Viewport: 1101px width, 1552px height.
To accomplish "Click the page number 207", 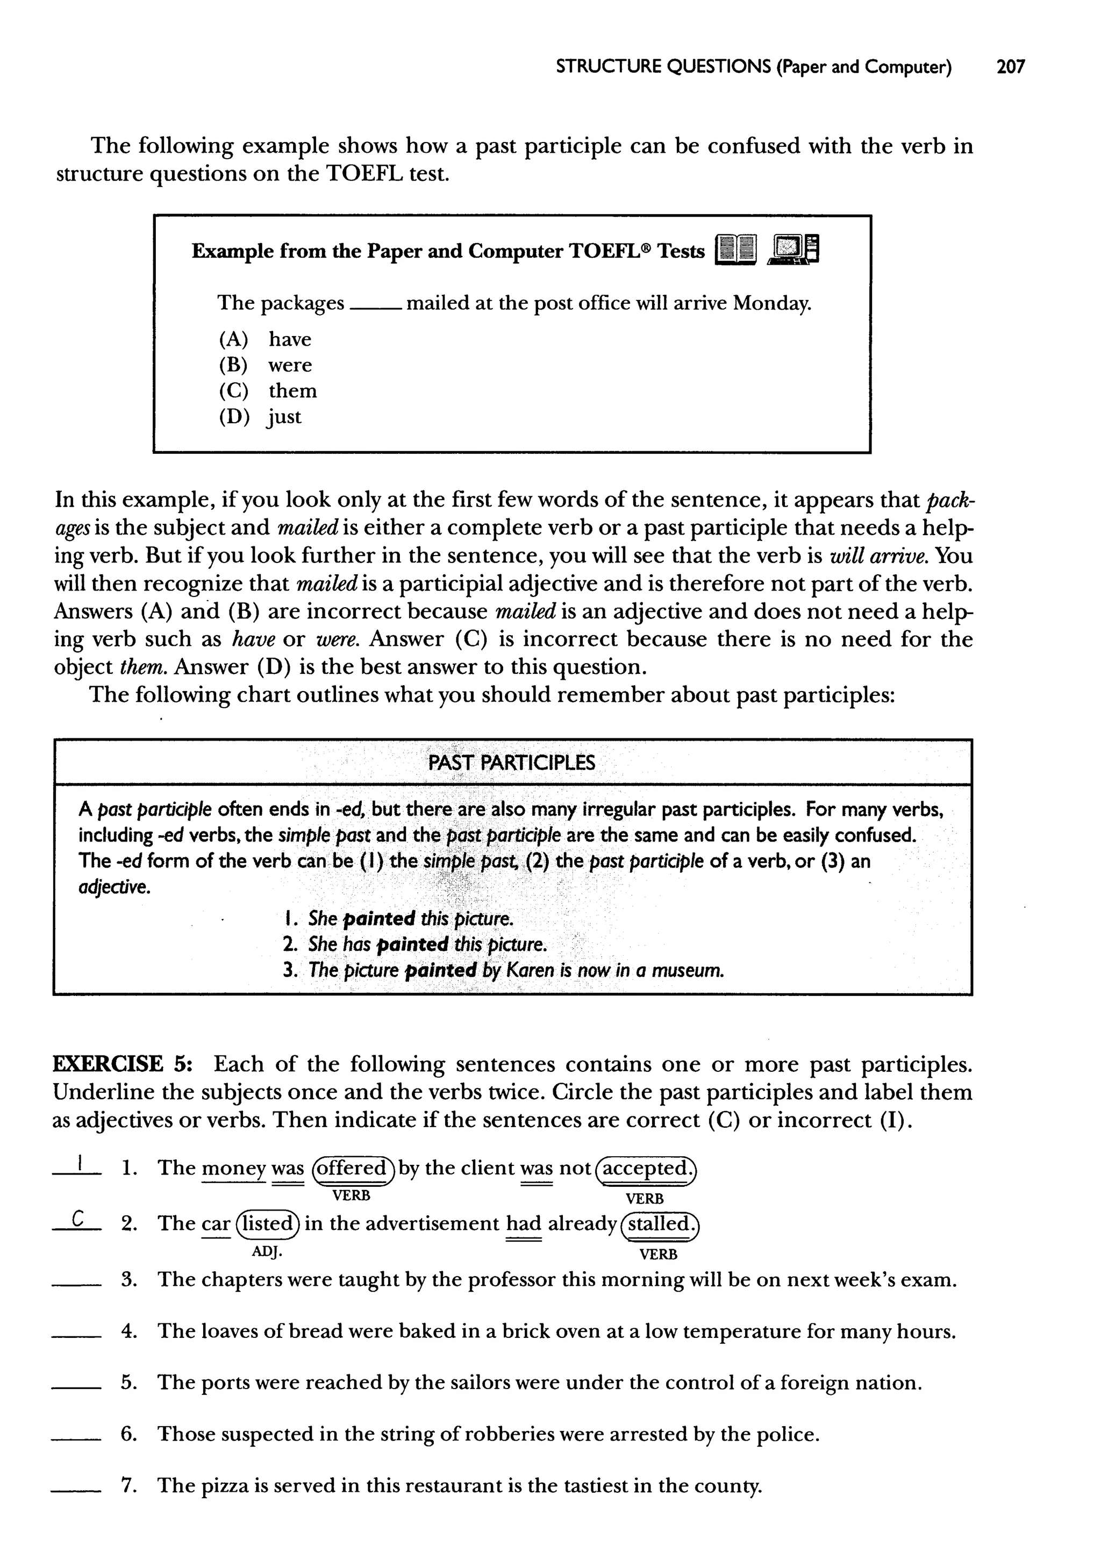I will point(1010,67).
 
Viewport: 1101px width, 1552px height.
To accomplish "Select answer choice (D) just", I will point(260,416).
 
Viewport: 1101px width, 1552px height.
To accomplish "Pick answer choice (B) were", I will point(265,365).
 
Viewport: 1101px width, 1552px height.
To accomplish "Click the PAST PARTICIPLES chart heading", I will point(512,763).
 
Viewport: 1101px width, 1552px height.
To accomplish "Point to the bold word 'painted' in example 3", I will point(441,970).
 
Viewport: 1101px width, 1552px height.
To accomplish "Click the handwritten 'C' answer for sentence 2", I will point(78,1220).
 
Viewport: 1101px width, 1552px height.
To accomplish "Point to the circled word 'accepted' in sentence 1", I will point(646,1168).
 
